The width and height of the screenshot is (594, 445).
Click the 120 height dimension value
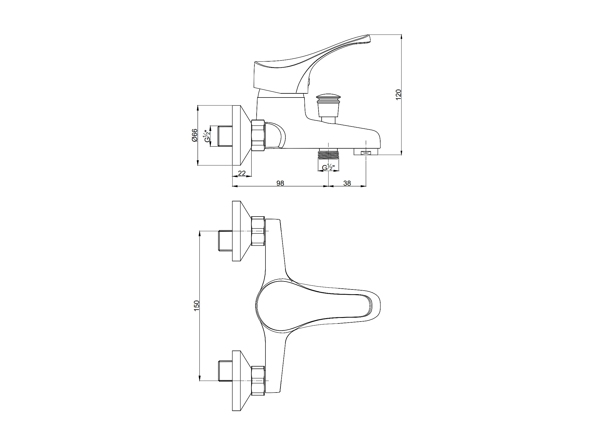tap(398, 94)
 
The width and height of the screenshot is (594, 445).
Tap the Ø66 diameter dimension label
tap(194, 135)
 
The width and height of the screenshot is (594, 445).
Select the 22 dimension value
tap(242, 173)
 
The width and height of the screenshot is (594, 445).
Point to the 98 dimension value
tap(280, 183)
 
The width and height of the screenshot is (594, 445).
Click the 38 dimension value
tap(347, 183)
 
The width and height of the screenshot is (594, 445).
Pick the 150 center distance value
tap(196, 306)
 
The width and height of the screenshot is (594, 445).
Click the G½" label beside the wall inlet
tap(207, 136)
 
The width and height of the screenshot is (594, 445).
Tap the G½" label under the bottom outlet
tap(329, 167)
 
